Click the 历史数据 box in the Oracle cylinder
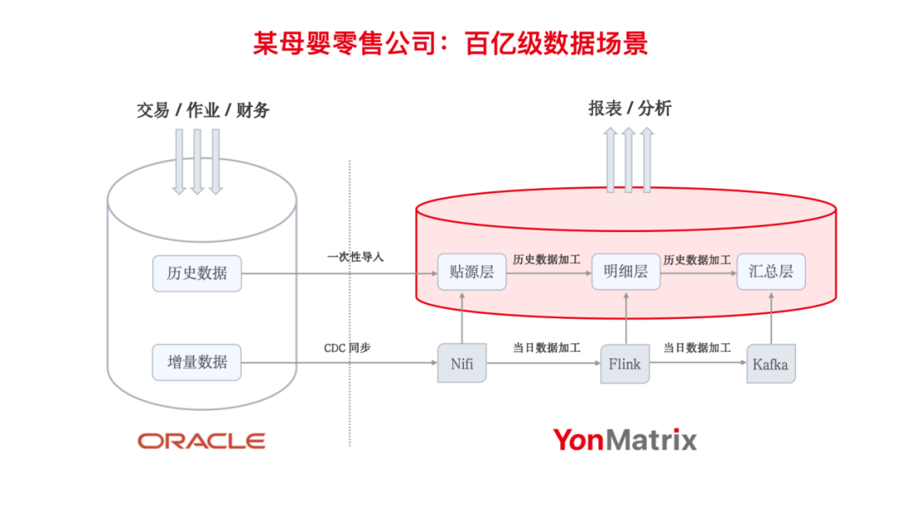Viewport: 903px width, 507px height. [196, 273]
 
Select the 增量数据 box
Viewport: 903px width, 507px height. [196, 363]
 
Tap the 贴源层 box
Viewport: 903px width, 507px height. [472, 271]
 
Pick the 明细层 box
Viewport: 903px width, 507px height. [625, 271]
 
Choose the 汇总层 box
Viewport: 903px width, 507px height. [771, 271]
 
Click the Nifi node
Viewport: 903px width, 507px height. [462, 363]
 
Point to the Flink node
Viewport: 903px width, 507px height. [625, 363]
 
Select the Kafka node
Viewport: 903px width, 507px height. [770, 364]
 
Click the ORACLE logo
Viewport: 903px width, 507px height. [202, 440]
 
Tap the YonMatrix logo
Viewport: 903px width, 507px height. [624, 439]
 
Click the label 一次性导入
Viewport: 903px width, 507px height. [355, 257]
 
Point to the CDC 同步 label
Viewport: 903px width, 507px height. [347, 347]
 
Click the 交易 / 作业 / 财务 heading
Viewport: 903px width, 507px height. [203, 109]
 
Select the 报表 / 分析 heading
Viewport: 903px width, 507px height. [630, 108]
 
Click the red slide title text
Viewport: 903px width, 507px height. [451, 43]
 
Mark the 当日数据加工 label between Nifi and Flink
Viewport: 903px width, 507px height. [546, 347]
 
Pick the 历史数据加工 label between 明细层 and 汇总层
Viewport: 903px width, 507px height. [696, 260]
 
